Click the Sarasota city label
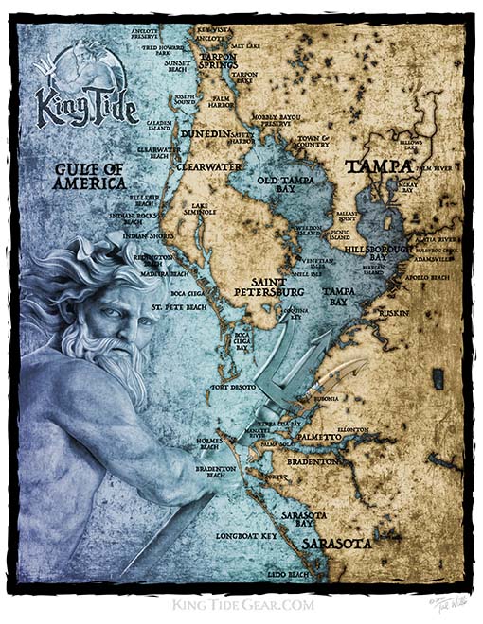pyautogui.click(x=336, y=545)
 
